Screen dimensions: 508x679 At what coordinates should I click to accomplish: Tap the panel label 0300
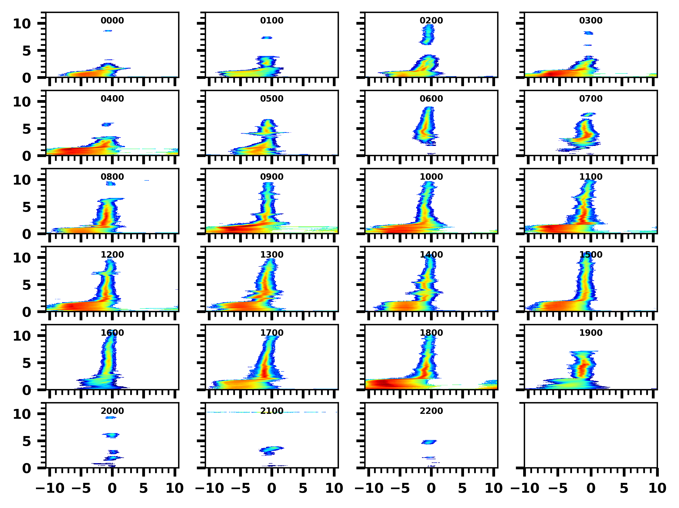[590, 20]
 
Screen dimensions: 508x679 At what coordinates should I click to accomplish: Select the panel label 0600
[431, 99]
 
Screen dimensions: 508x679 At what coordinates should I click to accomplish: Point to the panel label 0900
[272, 177]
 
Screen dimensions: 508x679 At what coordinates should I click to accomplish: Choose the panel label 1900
[590, 333]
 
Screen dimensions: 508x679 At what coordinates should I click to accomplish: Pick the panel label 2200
[431, 411]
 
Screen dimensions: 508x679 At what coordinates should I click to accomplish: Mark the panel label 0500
[272, 99]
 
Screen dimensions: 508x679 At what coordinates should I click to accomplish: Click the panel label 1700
[272, 333]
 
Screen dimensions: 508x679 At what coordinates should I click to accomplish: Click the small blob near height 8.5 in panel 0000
[107, 31]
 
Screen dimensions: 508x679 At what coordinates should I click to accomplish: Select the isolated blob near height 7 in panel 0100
[267, 38]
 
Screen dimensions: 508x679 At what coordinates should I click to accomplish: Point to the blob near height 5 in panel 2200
[429, 442]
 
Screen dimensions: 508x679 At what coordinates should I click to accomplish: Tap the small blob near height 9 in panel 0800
[110, 184]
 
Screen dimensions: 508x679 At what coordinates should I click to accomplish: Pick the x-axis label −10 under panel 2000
[50, 488]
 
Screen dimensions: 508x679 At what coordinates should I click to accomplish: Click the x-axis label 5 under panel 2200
[462, 488]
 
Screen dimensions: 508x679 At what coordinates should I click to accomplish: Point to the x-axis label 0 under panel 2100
[272, 488]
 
